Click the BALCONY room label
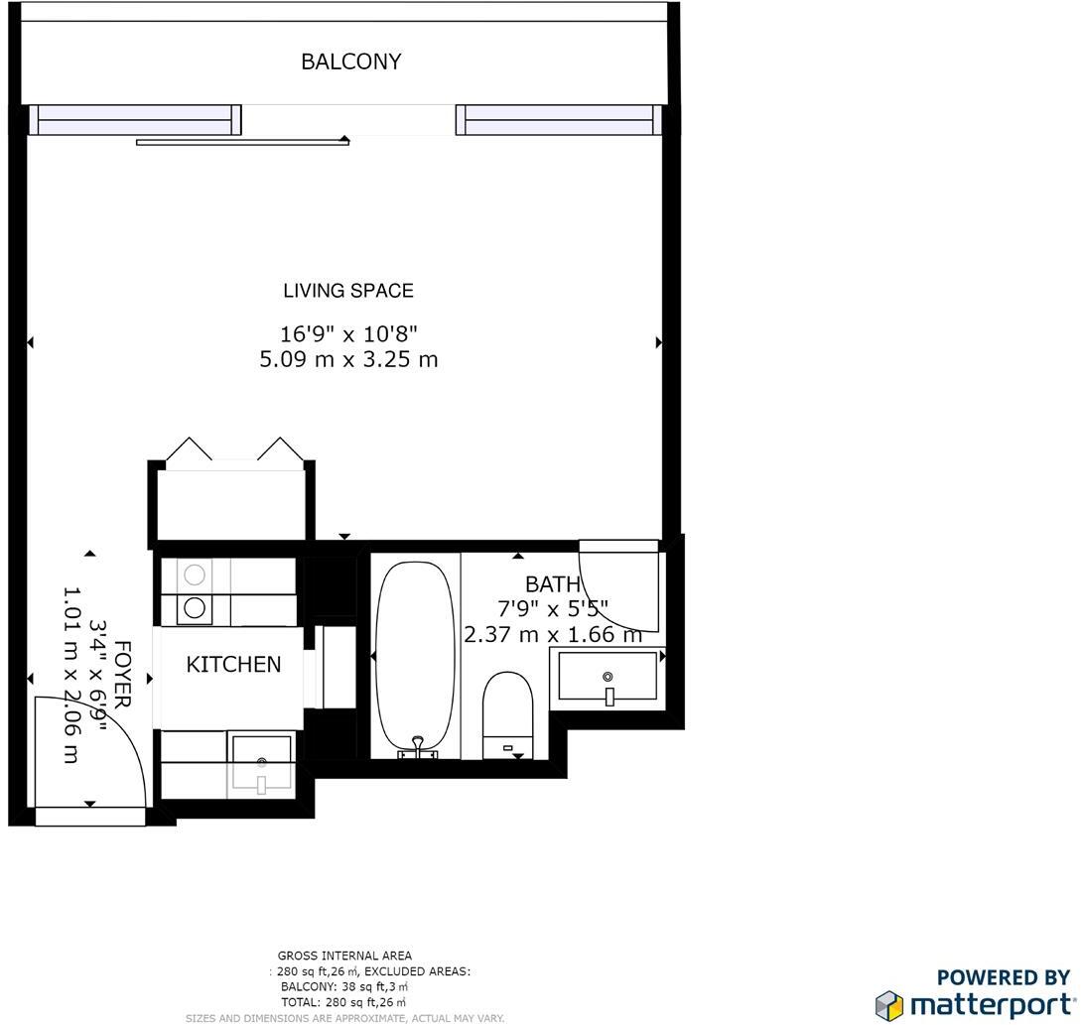[x=351, y=62]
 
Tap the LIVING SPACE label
[x=348, y=291]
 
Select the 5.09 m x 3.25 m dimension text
[x=348, y=360]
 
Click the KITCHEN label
[x=233, y=665]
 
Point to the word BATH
[x=552, y=584]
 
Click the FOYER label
[x=122, y=675]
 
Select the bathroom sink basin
[x=608, y=677]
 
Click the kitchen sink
[x=261, y=764]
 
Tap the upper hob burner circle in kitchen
[x=196, y=574]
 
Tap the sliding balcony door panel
[x=242, y=143]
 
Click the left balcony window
[x=135, y=119]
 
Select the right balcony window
[x=559, y=119]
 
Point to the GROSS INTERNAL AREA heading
[x=344, y=957]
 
